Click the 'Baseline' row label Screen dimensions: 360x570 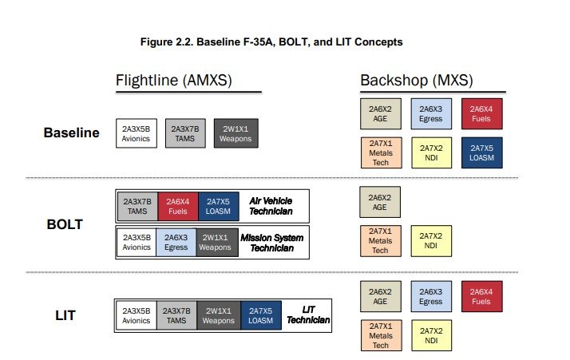pos(71,133)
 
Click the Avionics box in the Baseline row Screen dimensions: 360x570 pos(136,133)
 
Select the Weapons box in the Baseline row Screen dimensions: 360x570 pos(235,133)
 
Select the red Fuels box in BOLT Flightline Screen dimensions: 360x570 pos(177,207)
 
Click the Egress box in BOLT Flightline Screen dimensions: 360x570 pos(177,242)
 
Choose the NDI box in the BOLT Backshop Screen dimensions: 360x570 pos(431,242)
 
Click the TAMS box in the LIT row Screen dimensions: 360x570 pos(177,315)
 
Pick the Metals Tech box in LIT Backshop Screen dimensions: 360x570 pos(380,335)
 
